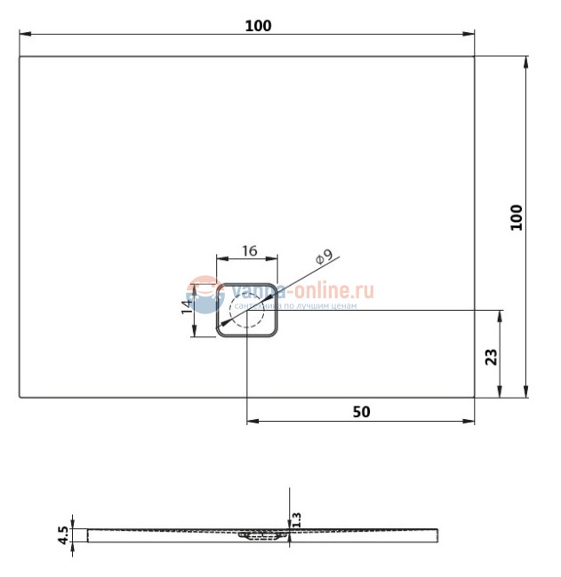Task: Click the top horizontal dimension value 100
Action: point(258,26)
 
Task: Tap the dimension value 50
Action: point(361,411)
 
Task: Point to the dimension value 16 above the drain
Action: point(248,251)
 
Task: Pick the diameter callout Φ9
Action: point(324,258)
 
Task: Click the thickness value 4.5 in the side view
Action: point(62,534)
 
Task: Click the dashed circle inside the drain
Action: point(247,312)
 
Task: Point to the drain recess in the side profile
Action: point(262,535)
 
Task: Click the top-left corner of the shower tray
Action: point(20,58)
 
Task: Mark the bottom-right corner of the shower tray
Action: point(474,397)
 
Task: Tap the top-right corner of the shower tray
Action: point(474,58)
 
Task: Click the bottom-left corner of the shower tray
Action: point(20,397)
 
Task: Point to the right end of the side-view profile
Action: point(437,534)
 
